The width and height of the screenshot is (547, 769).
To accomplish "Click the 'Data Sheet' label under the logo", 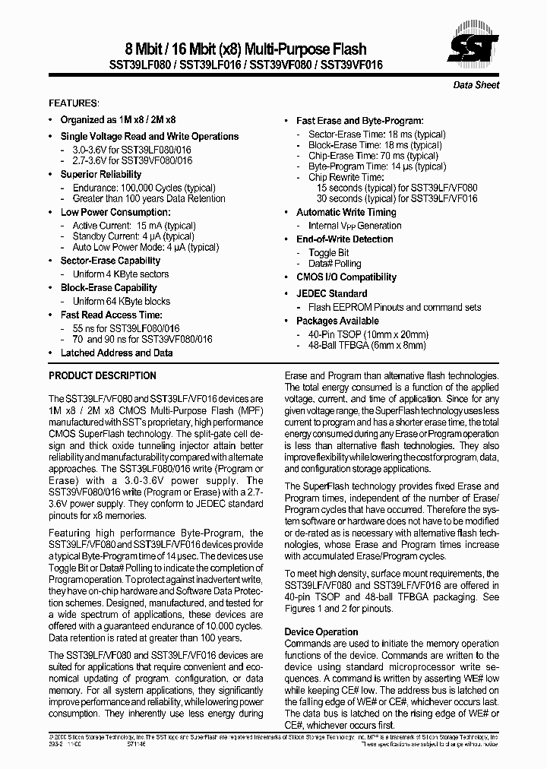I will (x=476, y=85).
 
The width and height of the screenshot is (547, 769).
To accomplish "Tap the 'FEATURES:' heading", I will (x=74, y=103).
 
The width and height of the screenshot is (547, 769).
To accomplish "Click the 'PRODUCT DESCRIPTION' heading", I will (x=103, y=375).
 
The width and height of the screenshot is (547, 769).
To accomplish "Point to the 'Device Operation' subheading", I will (x=321, y=631).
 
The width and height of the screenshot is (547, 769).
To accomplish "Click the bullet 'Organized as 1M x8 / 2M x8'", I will (x=118, y=119).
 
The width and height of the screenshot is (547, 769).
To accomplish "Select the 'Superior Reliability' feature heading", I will (x=101, y=174).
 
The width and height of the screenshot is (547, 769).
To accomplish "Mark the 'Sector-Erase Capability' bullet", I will (x=110, y=261).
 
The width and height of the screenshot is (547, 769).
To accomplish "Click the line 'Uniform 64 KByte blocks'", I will (x=122, y=301).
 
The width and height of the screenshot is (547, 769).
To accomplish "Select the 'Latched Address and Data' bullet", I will (x=116, y=353).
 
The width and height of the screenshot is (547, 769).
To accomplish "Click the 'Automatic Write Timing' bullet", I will (x=346, y=212).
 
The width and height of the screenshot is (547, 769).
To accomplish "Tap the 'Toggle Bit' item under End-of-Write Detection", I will (x=328, y=252).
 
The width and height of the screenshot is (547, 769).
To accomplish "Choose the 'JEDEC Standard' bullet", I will (x=331, y=293).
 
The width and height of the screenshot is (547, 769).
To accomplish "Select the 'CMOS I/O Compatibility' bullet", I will (x=346, y=277).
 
